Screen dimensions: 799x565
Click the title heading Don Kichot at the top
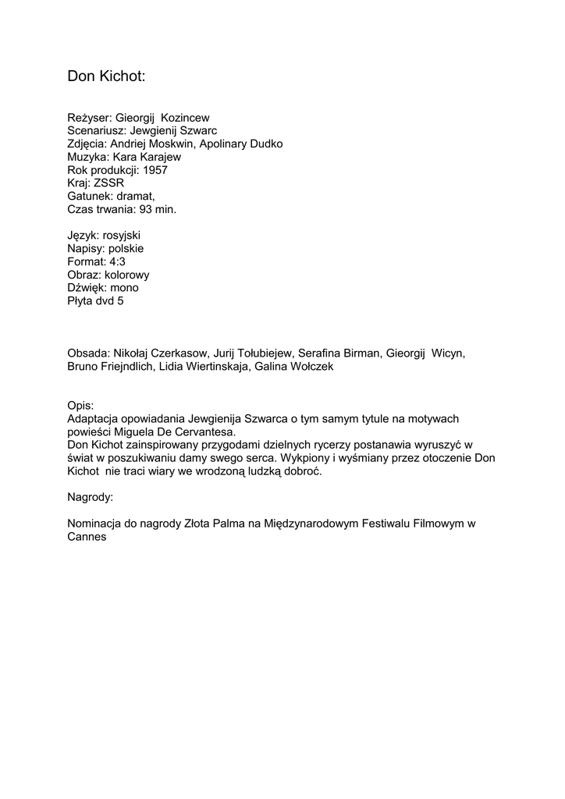(106, 76)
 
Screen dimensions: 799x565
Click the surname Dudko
(266, 144)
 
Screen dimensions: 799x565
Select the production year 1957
(155, 170)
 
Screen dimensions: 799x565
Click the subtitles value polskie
(126, 248)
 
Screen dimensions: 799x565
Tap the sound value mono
(125, 288)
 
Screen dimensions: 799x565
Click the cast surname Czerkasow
(179, 353)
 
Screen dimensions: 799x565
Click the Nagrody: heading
(91, 496)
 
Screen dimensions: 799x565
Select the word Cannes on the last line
(87, 537)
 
